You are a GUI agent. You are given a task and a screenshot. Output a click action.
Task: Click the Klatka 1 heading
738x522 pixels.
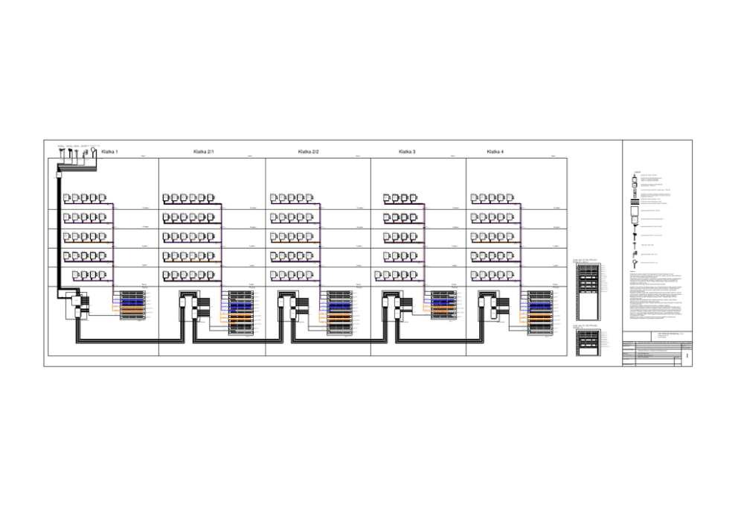109,152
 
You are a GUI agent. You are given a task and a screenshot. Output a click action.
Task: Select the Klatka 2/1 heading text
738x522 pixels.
203,152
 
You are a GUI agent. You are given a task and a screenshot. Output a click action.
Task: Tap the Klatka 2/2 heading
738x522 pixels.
308,152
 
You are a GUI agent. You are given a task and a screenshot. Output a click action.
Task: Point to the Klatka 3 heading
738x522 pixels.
407,152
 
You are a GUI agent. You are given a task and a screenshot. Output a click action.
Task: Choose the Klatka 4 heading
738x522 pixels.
495,152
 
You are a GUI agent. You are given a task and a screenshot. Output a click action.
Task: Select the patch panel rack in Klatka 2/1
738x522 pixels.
240,311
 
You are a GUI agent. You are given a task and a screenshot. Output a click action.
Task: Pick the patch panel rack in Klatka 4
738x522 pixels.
540,312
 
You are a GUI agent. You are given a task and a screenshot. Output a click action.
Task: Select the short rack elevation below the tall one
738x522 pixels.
588,346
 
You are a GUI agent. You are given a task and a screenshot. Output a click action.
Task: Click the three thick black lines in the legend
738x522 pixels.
635,201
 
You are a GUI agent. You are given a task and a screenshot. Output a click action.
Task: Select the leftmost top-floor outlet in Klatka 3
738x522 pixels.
388,198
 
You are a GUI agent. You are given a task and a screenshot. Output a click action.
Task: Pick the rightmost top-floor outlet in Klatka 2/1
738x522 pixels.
211,198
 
